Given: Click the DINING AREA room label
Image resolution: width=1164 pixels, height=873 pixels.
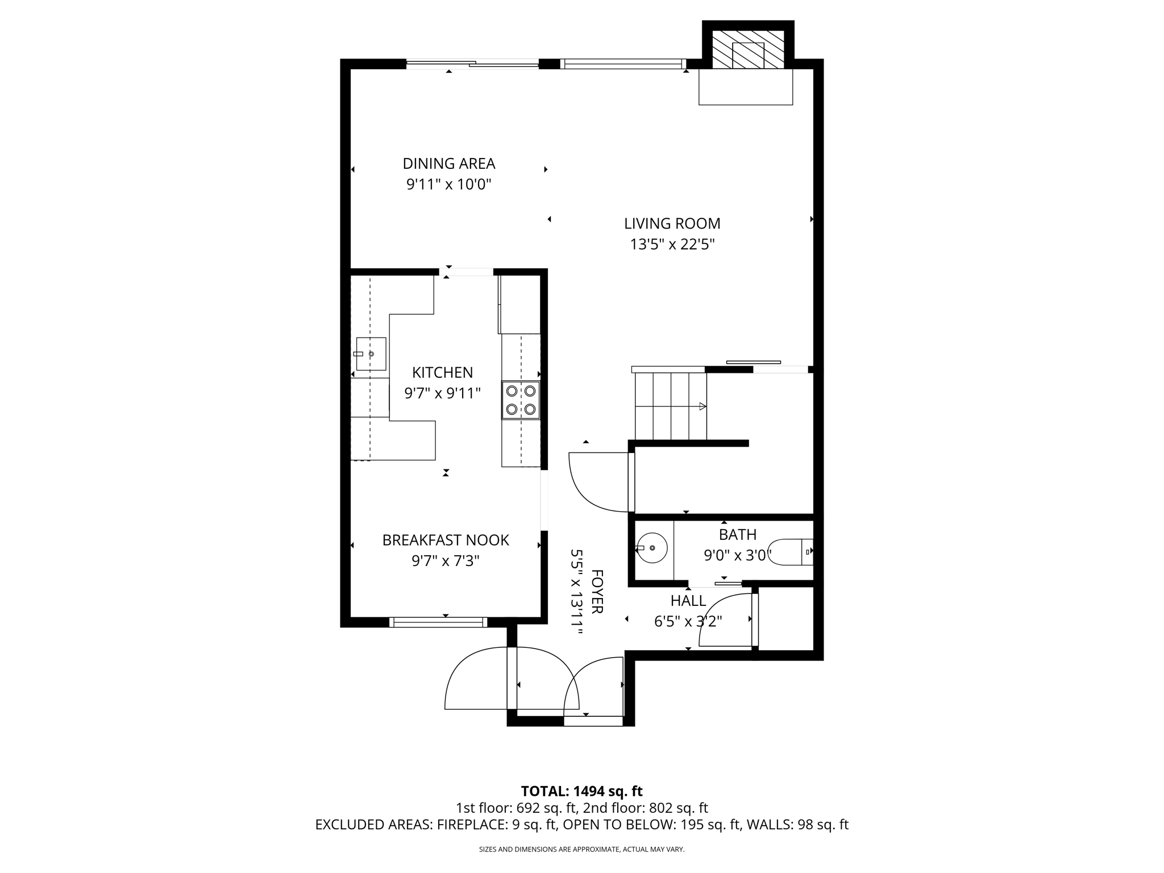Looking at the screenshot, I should pos(448,164).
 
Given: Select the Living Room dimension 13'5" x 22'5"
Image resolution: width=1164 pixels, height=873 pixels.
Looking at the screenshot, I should pos(672,244).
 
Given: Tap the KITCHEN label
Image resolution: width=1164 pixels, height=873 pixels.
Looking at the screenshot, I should pos(442,372).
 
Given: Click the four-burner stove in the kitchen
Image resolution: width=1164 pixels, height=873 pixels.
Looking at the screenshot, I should pos(521,400).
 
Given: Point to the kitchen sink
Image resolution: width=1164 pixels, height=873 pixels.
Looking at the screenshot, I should pos(371,354).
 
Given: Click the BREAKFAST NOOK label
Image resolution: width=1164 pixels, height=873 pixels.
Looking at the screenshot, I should pos(445,540).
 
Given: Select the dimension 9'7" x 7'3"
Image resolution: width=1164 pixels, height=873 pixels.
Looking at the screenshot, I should pos(445,561).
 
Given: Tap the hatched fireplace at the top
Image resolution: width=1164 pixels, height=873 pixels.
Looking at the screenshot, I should pos(747,49).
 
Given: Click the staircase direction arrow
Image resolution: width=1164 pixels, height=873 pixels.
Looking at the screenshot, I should pos(702,406).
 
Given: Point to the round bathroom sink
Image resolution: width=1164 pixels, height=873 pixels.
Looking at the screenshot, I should pos(652,547).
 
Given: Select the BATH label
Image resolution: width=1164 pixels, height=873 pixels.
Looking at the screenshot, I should pos(737,534).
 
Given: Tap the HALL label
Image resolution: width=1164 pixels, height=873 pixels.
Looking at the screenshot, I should pos(688,601).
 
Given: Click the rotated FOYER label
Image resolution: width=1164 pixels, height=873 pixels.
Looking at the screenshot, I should pos(597,592).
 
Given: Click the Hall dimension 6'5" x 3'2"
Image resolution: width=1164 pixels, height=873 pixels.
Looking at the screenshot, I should pos(688,621).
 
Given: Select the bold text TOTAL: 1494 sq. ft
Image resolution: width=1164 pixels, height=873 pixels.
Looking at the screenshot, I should pos(581,791).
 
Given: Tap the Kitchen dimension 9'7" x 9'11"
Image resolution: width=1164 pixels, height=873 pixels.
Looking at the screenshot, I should pos(442,393).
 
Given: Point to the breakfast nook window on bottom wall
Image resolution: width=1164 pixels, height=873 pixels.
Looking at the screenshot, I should pos(438,622).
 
